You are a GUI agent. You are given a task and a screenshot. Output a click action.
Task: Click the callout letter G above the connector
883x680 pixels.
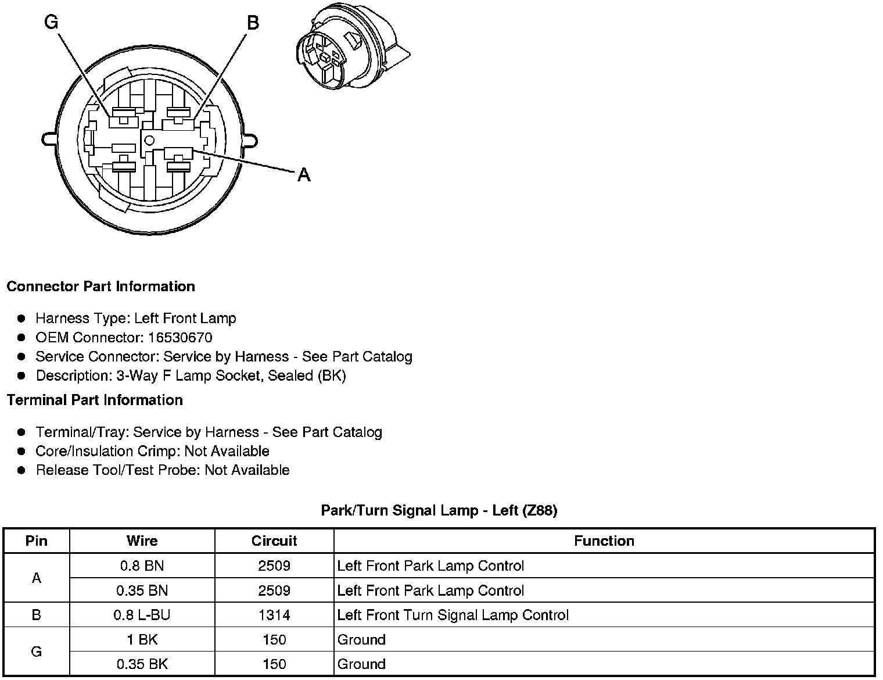pyautogui.click(x=51, y=22)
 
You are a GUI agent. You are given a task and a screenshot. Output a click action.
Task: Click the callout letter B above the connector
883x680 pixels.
pyautogui.click(x=253, y=23)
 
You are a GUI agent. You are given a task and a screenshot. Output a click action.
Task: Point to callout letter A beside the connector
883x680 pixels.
pyautogui.click(x=303, y=174)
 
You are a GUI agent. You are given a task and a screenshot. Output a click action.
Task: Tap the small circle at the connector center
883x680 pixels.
pyautogui.click(x=149, y=139)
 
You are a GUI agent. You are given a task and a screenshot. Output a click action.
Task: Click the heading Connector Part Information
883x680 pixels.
pyautogui.click(x=100, y=287)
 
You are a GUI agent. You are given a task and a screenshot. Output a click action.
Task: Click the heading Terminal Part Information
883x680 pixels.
pyautogui.click(x=95, y=400)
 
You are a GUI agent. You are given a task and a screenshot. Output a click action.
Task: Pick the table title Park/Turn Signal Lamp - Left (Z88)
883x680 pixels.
pyautogui.click(x=439, y=510)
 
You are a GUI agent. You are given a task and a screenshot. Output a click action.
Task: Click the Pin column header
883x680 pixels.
pyautogui.click(x=37, y=541)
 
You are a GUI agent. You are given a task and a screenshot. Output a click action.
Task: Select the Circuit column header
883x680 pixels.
pyautogui.click(x=274, y=541)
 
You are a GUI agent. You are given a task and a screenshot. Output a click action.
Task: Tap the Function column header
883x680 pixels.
pyautogui.click(x=604, y=541)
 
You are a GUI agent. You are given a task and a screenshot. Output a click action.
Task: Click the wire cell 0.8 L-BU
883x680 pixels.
pyautogui.click(x=142, y=615)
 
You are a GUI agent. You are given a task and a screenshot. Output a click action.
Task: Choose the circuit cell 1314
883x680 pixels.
pyautogui.click(x=274, y=615)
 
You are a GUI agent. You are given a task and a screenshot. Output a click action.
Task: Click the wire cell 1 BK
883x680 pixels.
pyautogui.click(x=142, y=640)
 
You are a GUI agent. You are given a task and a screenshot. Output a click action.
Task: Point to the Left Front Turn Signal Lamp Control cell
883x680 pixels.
pyautogui.click(x=453, y=615)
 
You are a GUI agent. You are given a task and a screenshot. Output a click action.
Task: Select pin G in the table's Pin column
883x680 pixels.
pyautogui.click(x=37, y=652)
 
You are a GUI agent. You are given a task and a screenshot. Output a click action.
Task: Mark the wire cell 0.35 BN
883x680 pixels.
pyautogui.click(x=142, y=590)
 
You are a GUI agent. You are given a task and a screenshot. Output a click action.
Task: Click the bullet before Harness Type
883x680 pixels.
pyautogui.click(x=21, y=318)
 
